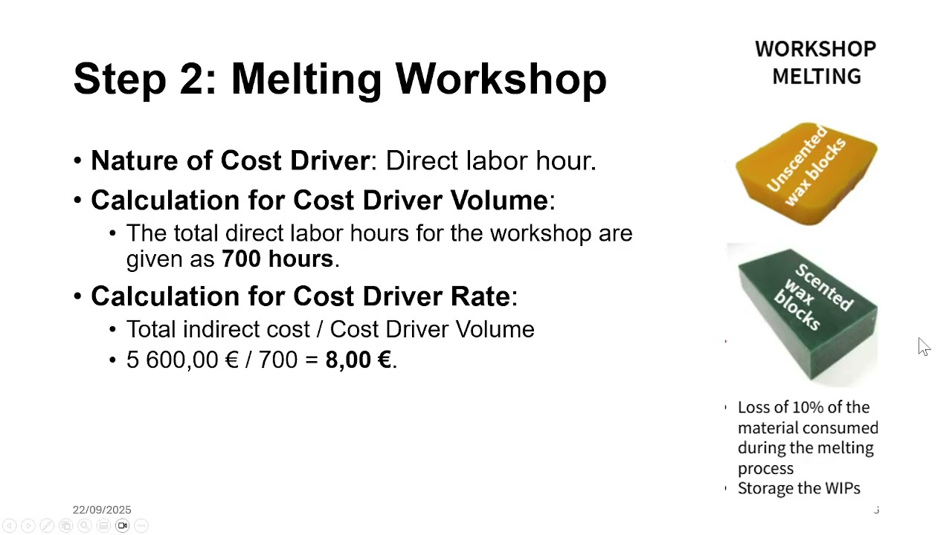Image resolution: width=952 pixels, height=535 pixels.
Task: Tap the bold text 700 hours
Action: tap(277, 259)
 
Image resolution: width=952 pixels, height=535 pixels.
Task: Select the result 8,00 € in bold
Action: tap(358, 360)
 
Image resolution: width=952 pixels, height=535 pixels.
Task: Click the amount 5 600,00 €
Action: tap(182, 360)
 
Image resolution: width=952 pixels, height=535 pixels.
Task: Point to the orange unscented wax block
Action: tap(805, 174)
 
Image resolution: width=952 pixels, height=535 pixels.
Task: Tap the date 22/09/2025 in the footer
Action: tap(102, 510)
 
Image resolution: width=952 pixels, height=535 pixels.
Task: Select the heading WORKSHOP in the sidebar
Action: tap(815, 49)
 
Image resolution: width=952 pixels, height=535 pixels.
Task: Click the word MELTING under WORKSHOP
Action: tap(816, 77)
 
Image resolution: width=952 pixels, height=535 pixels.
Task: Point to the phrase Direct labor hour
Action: tap(490, 160)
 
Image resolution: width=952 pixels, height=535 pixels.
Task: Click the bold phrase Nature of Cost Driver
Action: tap(230, 160)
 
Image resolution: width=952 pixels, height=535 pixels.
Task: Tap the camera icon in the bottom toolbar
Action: tap(122, 525)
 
